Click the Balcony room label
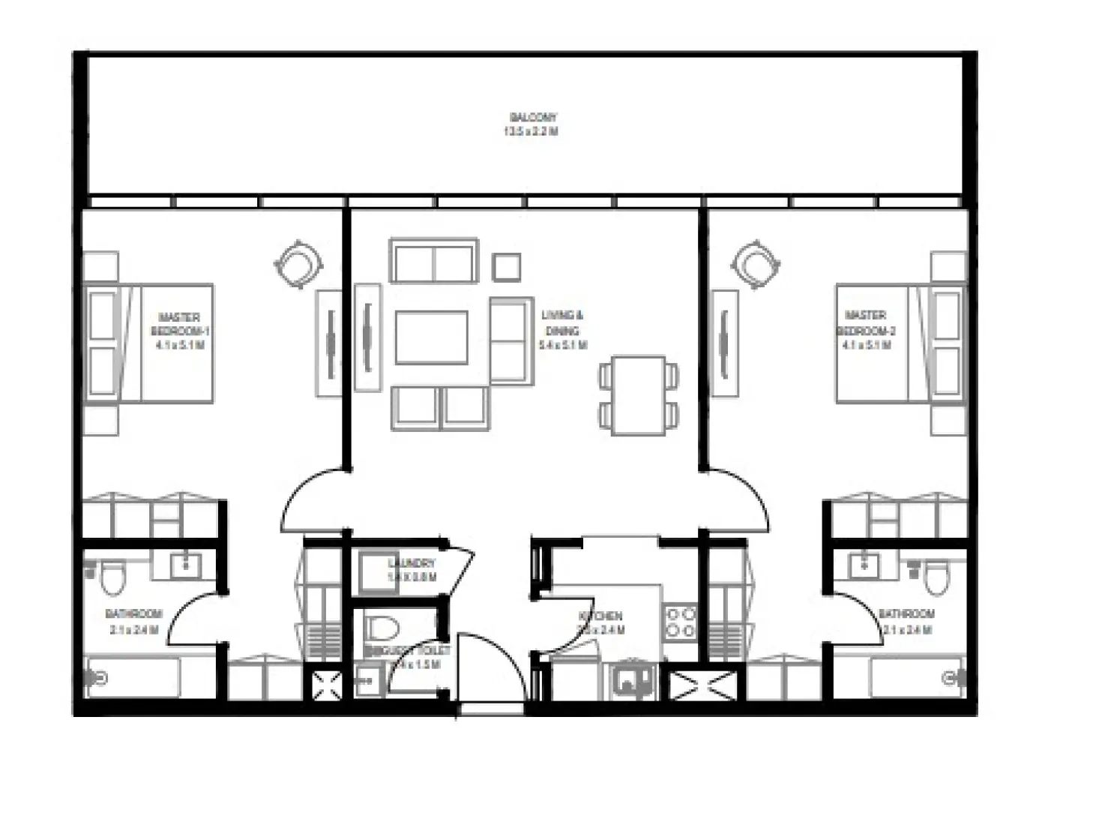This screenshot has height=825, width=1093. pos(532,124)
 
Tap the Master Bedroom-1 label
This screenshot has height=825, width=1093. pos(179,331)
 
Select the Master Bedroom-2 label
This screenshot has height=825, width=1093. pos(866,330)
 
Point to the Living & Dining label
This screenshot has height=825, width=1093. pos(562,330)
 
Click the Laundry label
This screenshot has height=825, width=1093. pos(411,570)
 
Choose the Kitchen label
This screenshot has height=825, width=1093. pos(600,623)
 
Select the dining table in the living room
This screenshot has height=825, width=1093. pos(639,395)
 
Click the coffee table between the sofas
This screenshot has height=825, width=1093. pos(432,337)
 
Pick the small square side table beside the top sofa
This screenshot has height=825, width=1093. pos(507,267)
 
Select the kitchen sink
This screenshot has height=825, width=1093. pos(630,681)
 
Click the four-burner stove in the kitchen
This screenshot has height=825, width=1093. pos(681,622)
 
